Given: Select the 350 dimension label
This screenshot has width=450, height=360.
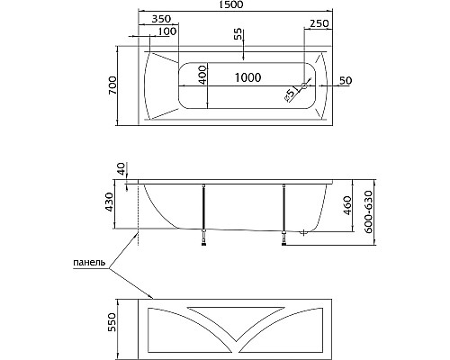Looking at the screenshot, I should (x=161, y=19).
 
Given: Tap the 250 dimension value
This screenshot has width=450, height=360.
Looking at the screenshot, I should (x=318, y=23).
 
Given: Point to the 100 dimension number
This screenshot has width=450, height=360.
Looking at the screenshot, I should (x=166, y=32).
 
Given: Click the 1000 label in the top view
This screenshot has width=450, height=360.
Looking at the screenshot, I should (x=248, y=78).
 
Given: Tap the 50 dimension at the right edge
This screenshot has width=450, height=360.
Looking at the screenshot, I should (x=345, y=81).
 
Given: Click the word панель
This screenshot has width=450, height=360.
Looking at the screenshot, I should (x=87, y=263).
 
